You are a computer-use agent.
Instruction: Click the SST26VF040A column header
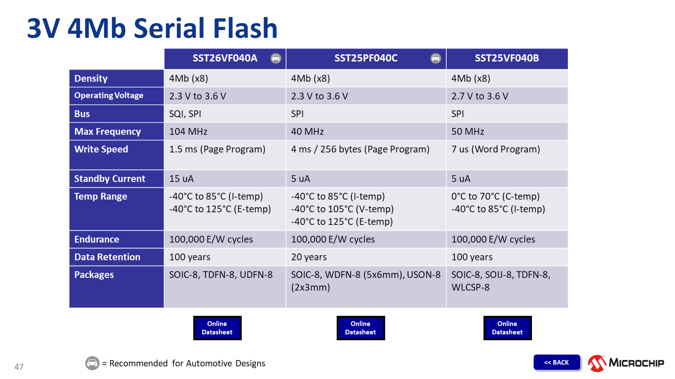[x=224, y=58]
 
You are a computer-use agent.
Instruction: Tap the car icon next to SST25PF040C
[x=435, y=58]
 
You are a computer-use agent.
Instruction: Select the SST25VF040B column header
[x=507, y=58]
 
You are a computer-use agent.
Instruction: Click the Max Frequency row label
[x=108, y=131]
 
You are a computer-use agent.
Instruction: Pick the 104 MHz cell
[x=188, y=131]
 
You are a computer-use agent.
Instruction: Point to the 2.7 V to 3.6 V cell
[x=480, y=96]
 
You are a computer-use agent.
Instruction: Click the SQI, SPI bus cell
[x=185, y=114]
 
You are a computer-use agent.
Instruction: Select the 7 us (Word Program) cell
[x=495, y=149]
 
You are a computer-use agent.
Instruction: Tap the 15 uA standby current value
[x=181, y=179]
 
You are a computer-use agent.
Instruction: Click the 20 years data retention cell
[x=309, y=257]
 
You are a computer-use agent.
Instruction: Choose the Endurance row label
[x=97, y=239]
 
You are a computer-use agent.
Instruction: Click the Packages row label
[x=94, y=275]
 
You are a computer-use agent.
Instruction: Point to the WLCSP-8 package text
[x=470, y=288]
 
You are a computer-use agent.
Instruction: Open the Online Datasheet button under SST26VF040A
[x=217, y=328]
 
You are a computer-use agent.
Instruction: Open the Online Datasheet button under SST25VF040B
[x=507, y=328]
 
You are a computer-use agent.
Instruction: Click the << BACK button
[x=556, y=362]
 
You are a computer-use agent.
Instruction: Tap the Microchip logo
[x=626, y=363]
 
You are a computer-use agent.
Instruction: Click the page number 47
[x=19, y=367]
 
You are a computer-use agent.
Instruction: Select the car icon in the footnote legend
[x=92, y=363]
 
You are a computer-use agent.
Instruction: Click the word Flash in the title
[x=245, y=28]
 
